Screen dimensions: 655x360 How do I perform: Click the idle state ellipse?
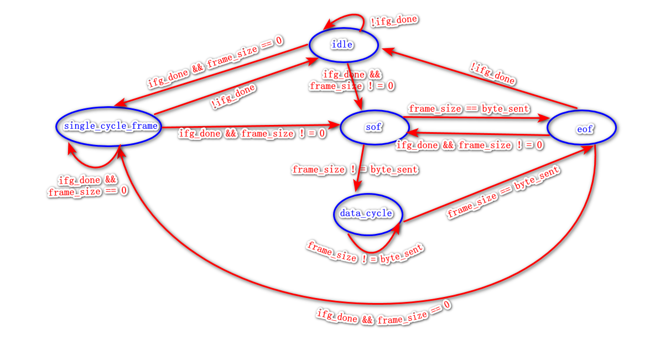(343, 45)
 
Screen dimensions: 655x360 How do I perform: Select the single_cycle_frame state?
(111, 126)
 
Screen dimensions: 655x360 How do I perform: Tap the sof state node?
(374, 128)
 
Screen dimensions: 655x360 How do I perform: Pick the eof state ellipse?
(581, 128)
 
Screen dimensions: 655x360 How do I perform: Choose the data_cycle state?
(367, 213)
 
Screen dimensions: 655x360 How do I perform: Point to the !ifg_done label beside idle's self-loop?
(394, 22)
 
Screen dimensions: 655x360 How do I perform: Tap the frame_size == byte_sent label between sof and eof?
(469, 109)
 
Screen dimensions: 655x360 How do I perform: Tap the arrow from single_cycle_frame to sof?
(249, 127)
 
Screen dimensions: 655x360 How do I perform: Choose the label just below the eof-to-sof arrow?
(469, 145)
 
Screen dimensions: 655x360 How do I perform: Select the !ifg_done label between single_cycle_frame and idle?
(233, 95)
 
